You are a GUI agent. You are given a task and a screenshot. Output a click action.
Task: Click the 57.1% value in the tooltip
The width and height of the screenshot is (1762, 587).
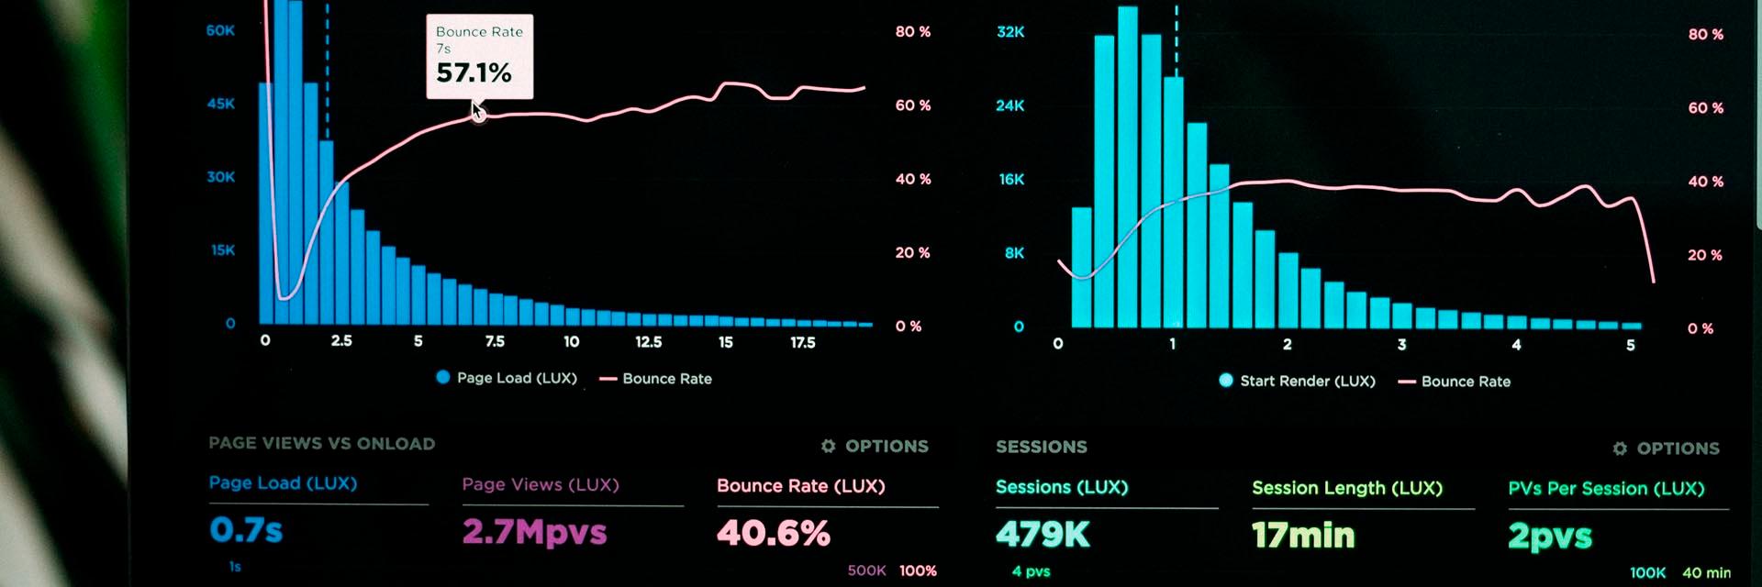[474, 72]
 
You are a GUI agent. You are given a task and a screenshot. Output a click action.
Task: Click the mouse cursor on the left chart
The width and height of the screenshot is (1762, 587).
[478, 113]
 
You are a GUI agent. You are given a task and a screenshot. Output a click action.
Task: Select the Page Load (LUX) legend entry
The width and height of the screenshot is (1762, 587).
[507, 378]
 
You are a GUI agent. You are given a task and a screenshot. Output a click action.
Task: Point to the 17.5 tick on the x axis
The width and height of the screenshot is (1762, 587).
[802, 342]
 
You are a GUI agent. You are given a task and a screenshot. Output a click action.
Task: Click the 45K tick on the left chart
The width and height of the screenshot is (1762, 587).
[221, 104]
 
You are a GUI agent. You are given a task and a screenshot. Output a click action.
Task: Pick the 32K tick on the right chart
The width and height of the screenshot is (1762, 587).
[1010, 32]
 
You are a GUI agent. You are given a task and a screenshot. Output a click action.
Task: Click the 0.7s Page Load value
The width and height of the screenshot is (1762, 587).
[246, 530]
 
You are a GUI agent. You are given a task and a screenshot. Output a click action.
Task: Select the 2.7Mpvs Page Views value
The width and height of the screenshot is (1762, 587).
[534, 532]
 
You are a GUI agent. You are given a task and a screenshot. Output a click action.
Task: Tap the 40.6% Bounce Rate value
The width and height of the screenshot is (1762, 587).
[774, 533]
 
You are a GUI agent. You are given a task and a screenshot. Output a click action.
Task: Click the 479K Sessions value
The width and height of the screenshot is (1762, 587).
[1043, 534]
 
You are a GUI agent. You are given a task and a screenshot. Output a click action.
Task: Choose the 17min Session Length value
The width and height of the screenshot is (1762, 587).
[1303, 535]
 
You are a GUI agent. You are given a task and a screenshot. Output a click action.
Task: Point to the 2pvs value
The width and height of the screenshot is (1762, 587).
[1550, 537]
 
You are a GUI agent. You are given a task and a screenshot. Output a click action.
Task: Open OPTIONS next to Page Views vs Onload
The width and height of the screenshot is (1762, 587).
[886, 447]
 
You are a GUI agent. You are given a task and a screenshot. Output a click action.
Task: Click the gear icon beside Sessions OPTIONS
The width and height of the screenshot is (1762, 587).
[1620, 449]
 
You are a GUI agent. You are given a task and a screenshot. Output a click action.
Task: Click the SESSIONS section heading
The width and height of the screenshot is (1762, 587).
[1042, 448]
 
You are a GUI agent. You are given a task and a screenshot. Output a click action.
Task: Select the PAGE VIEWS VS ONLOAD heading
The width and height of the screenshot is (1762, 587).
[321, 444]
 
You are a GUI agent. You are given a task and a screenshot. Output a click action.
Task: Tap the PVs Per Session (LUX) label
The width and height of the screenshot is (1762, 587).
[1606, 489]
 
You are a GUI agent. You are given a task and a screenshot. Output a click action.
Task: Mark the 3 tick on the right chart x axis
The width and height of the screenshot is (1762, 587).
[1401, 345]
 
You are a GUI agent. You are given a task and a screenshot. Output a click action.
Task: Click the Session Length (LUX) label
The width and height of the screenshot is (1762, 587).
[1347, 489]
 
